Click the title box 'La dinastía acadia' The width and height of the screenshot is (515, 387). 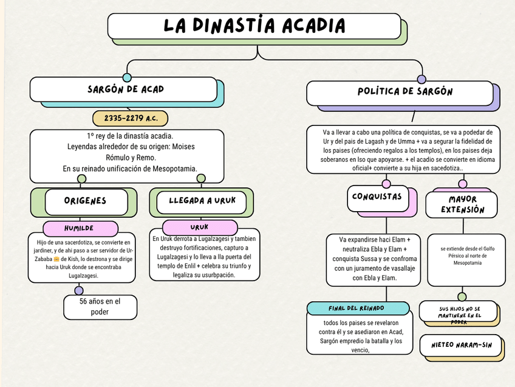click(254, 26)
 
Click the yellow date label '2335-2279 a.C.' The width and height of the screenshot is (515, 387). click(130, 118)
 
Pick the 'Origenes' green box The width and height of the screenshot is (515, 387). click(85, 201)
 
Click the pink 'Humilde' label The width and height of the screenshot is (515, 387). click(80, 228)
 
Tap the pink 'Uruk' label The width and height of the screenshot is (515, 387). click(199, 227)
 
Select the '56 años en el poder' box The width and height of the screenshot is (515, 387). click(100, 307)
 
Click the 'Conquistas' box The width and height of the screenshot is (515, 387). click(377, 197)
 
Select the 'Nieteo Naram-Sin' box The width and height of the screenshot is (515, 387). click(461, 345)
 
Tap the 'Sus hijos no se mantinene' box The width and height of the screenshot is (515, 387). click(459, 312)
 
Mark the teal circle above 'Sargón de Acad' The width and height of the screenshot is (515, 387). click(127, 77)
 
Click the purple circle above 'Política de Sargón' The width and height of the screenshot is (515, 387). click(421, 79)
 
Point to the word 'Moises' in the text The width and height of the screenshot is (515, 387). click(184, 147)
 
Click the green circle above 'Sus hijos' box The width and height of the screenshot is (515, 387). click(462, 296)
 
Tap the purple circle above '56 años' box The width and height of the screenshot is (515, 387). click(79, 290)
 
